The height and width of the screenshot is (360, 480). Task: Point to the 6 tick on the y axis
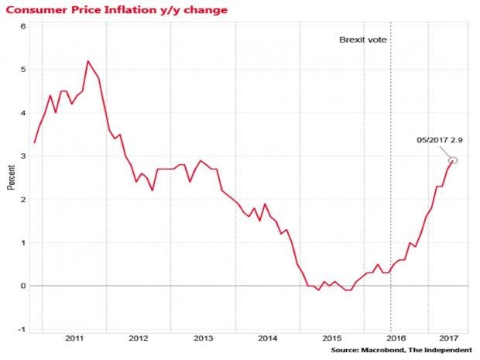click(x=23, y=26)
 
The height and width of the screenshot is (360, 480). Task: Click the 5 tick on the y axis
click(x=23, y=69)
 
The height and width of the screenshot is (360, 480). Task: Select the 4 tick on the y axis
click(x=23, y=112)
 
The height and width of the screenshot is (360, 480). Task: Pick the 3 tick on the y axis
click(x=23, y=156)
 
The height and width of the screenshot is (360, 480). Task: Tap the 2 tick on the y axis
click(x=23, y=199)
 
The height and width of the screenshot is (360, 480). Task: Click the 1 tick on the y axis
click(x=23, y=242)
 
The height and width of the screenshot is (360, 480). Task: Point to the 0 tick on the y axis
click(x=23, y=286)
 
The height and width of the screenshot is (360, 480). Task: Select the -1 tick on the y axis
click(x=22, y=329)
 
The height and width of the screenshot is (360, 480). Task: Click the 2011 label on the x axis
click(x=74, y=338)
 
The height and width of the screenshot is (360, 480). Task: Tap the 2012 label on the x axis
click(x=139, y=338)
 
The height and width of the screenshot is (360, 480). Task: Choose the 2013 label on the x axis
click(x=203, y=338)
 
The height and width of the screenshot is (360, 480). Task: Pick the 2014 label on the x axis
click(x=267, y=338)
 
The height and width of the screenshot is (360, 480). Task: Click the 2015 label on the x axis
click(x=331, y=338)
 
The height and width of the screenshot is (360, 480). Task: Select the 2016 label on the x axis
click(x=396, y=338)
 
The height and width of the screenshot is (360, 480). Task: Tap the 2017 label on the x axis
click(x=448, y=338)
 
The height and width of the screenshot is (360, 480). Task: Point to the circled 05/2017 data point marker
click(x=454, y=160)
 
